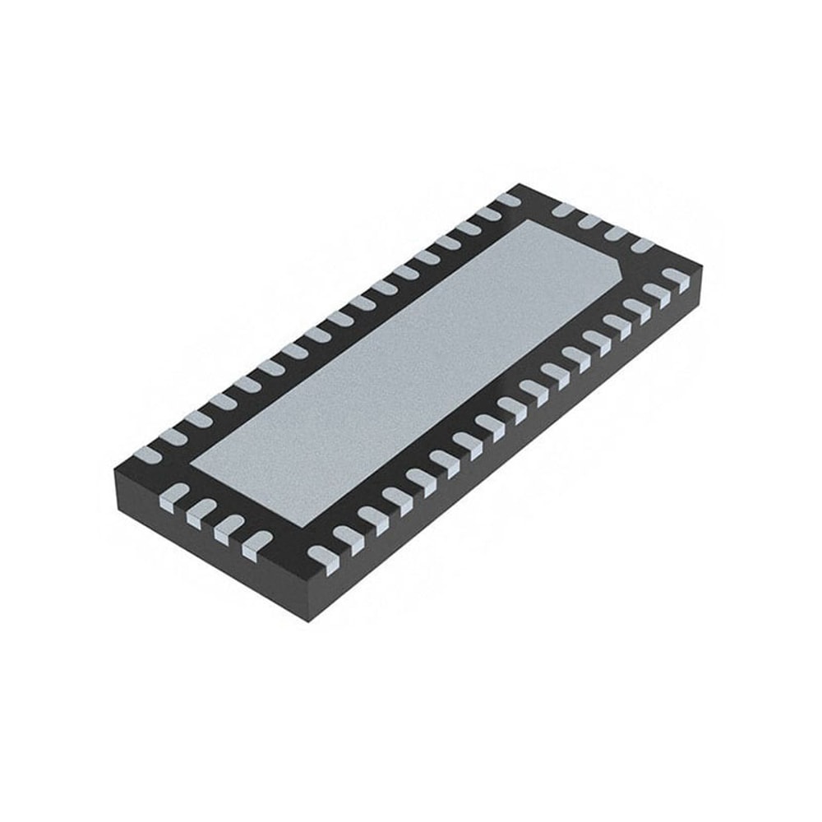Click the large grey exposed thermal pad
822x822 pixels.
(x=411, y=370)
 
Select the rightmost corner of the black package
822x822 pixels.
(x=704, y=268)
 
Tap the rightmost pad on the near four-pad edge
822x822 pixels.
(x=256, y=543)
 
